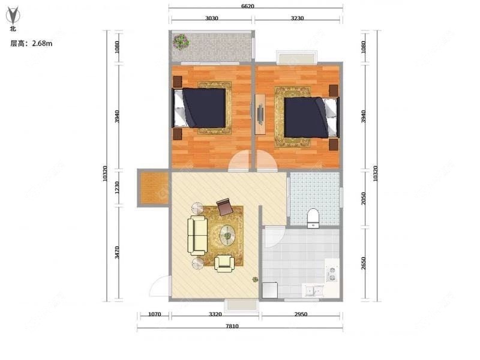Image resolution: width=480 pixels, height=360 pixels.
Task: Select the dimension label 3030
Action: pyautogui.click(x=211, y=19)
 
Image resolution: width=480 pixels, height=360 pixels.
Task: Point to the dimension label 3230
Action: pyautogui.click(x=298, y=19)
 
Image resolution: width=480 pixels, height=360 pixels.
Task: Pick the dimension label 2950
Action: pyautogui.click(x=301, y=314)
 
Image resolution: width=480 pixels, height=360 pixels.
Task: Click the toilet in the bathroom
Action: pyautogui.click(x=313, y=218)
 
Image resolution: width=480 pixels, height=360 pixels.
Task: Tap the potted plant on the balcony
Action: pyautogui.click(x=181, y=42)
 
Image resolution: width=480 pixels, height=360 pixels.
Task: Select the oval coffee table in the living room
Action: pyautogui.click(x=227, y=235)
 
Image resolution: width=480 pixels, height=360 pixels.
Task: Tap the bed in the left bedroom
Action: pyautogui.click(x=202, y=108)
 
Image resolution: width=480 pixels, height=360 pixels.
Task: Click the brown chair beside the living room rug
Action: pyautogui.click(x=224, y=206)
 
